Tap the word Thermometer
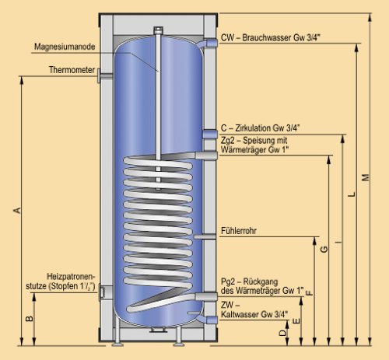tap(72, 69)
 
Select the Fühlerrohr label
tap(240, 231)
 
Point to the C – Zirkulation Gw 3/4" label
tap(260, 128)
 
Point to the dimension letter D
tap(281, 332)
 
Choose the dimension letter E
tap(295, 320)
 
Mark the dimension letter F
tap(309, 293)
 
